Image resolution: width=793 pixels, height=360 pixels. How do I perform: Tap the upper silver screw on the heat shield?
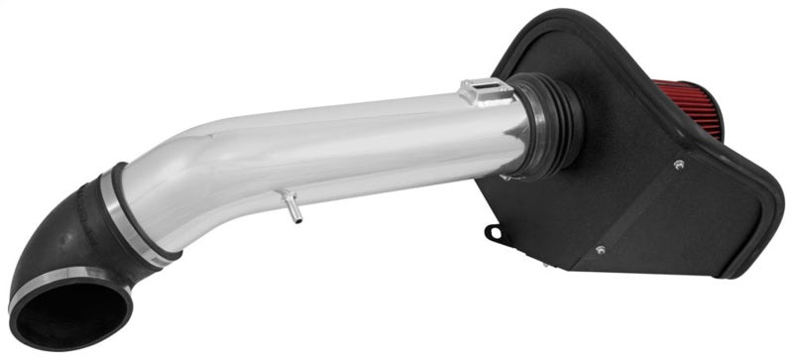(x=679, y=165)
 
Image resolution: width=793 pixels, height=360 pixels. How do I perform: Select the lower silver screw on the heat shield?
(x=599, y=250)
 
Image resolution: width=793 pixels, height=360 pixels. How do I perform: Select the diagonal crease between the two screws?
(x=639, y=208)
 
